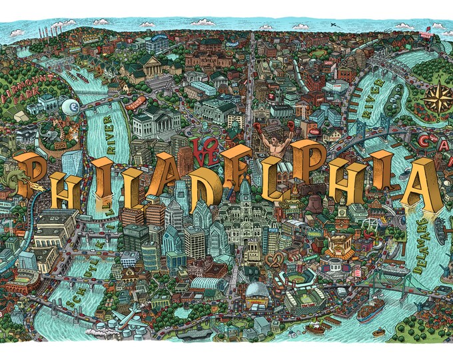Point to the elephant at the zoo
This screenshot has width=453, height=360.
pyautogui.click(x=47, y=136)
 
